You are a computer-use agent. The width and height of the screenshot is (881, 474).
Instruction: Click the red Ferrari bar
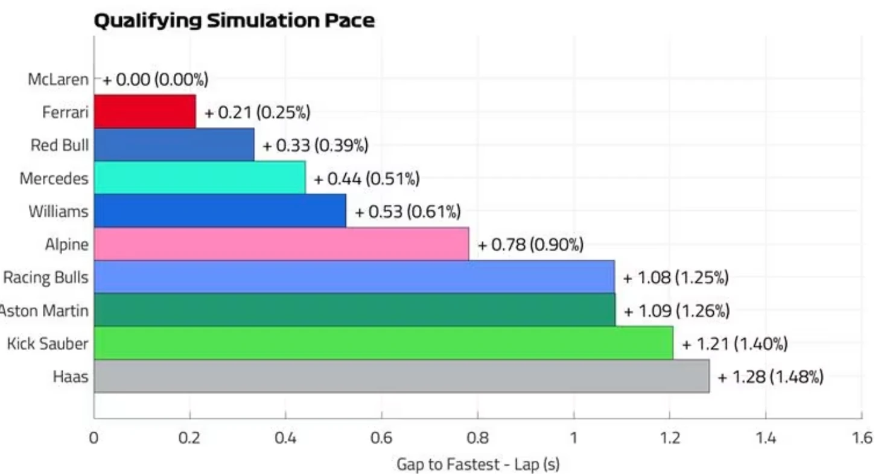[145, 111]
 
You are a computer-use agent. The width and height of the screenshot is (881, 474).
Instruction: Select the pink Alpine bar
[281, 244]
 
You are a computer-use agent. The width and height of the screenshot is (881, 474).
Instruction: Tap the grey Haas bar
[401, 376]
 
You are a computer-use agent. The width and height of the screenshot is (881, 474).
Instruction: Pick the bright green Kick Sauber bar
[383, 343]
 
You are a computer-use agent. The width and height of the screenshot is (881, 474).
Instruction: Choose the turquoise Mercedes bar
[200, 178]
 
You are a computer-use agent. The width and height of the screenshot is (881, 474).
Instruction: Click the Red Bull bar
[174, 144]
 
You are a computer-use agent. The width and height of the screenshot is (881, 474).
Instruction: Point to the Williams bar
[220, 211]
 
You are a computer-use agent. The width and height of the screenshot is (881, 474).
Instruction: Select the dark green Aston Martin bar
[354, 310]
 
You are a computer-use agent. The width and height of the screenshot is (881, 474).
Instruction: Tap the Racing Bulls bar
[354, 277]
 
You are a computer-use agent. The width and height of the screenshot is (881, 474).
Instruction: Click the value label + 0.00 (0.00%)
[155, 79]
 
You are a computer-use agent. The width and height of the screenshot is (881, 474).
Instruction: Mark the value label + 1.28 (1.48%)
[771, 377]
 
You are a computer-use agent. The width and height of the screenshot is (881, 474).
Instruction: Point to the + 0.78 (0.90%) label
[530, 245]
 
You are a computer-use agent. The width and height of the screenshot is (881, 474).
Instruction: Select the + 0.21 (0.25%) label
[258, 112]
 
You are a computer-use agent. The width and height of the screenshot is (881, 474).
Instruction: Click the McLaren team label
[58, 79]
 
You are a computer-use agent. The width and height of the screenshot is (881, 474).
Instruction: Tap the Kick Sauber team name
[48, 344]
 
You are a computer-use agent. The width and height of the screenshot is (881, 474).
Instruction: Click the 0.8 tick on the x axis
[477, 437]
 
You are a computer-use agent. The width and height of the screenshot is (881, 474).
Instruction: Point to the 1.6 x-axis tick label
[861, 437]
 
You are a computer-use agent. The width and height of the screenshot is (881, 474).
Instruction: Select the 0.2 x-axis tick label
[189, 437]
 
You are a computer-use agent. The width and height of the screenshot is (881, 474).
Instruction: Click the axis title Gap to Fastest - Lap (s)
[478, 464]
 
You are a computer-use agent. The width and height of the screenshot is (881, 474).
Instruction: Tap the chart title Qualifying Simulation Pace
[234, 21]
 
